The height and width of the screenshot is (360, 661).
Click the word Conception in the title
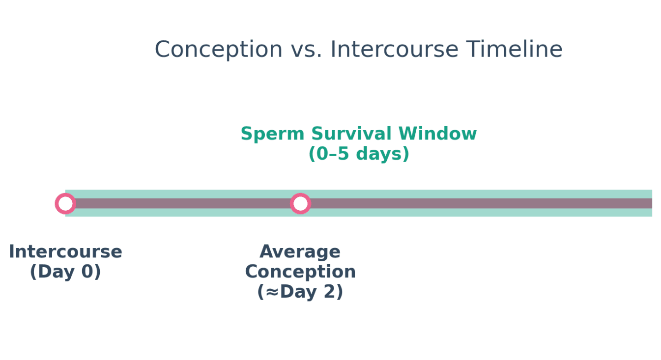[219, 50]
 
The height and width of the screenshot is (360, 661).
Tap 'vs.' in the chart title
[306, 50]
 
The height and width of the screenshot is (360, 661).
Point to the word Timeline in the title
[514, 50]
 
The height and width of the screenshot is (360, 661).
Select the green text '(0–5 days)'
[358, 154]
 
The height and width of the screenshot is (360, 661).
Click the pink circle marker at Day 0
[65, 203]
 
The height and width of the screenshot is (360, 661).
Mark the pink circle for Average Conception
[300, 203]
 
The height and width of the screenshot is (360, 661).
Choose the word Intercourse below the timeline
[65, 252]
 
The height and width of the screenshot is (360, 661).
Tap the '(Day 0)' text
[65, 272]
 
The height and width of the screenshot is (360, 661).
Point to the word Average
[300, 252]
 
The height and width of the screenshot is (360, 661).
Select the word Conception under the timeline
[300, 272]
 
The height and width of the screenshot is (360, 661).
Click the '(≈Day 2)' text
[300, 292]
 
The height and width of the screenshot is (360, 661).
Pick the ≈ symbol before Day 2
[272, 292]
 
